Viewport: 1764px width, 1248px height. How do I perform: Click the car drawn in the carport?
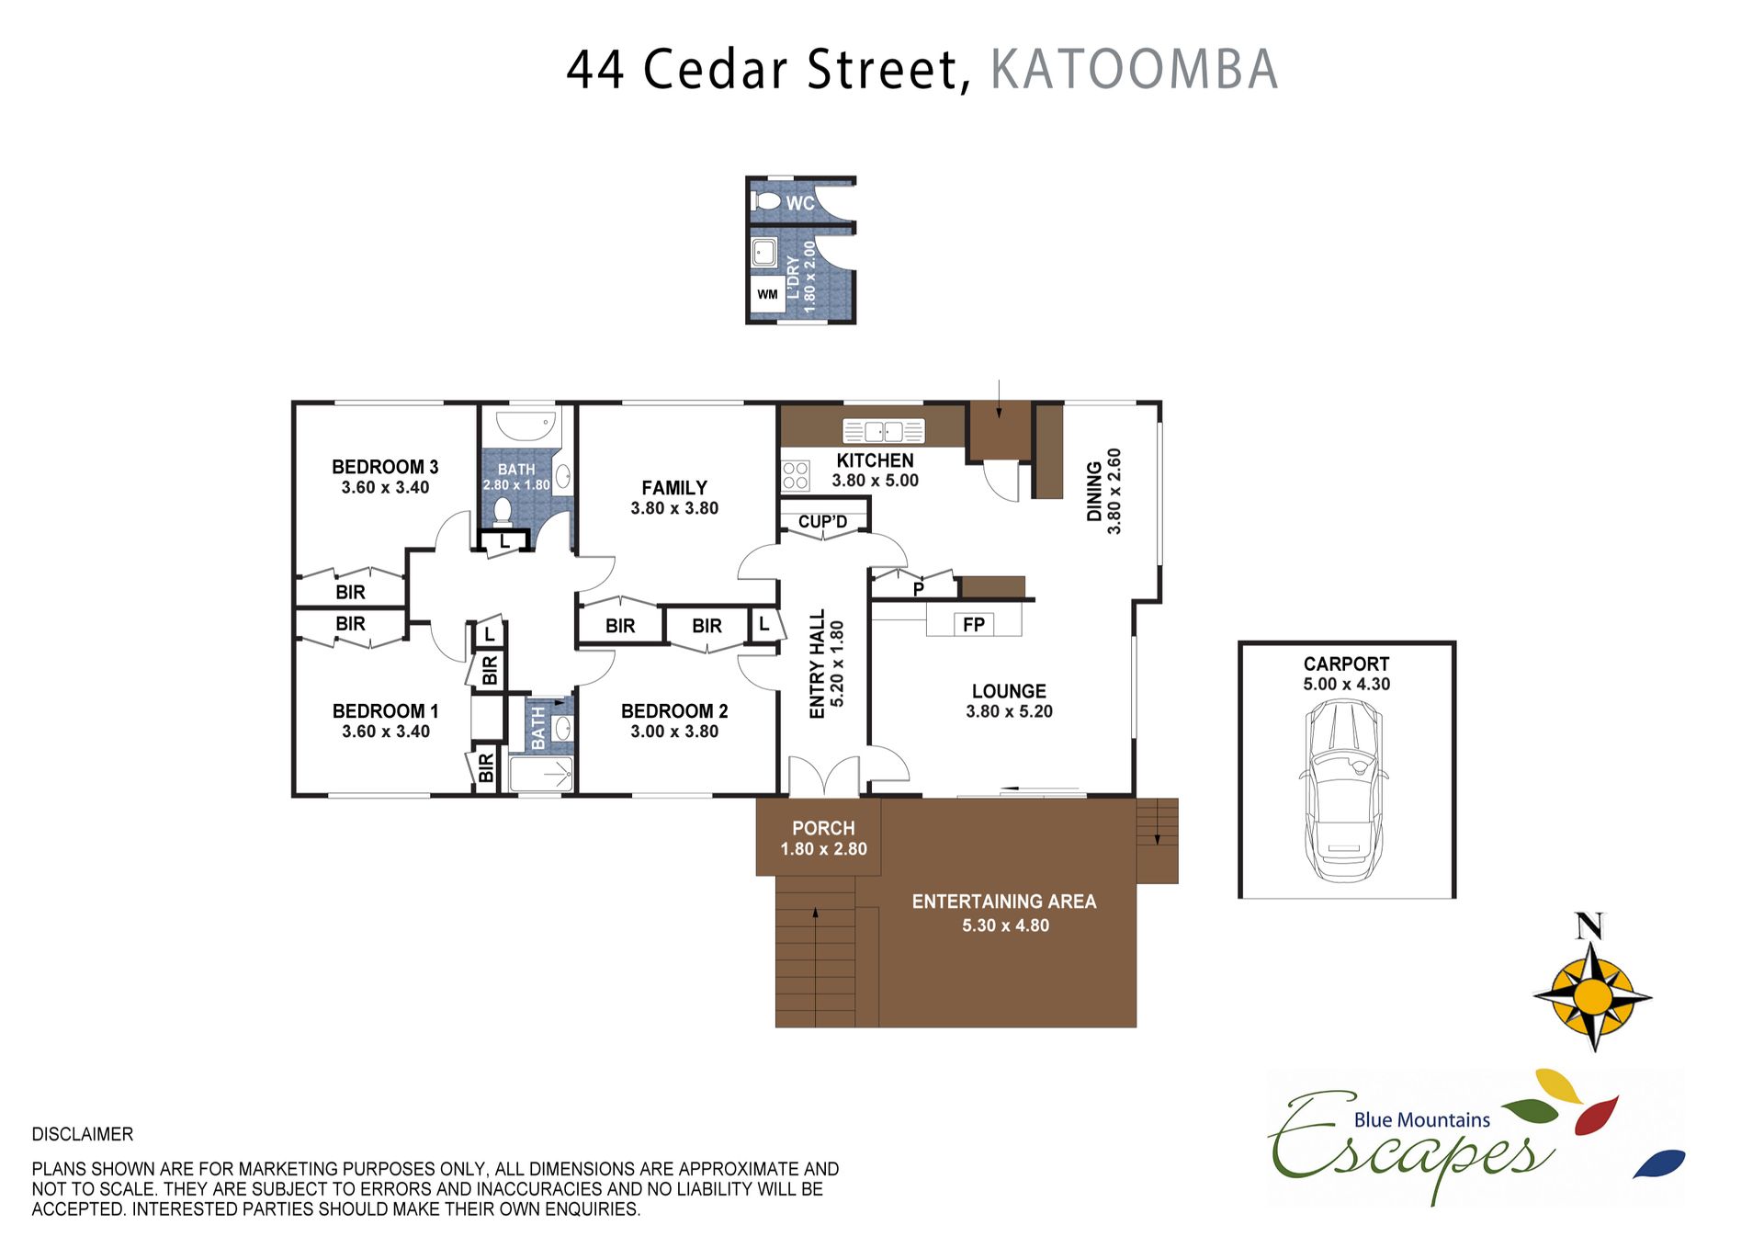[1343, 791]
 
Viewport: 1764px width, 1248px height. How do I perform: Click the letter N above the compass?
[1589, 926]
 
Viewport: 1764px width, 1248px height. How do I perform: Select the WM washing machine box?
[767, 295]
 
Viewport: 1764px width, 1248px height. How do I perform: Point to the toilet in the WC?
[766, 201]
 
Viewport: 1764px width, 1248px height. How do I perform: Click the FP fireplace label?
[974, 625]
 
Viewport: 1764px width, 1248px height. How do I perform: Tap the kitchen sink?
[883, 430]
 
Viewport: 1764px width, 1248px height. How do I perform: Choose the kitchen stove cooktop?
[796, 476]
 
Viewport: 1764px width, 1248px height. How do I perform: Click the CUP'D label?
[822, 522]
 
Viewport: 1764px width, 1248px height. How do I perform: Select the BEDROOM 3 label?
[385, 467]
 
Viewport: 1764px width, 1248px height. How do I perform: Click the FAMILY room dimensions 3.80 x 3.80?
[674, 508]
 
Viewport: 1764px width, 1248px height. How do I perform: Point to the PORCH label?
[823, 828]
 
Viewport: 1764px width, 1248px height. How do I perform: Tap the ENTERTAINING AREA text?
[1004, 902]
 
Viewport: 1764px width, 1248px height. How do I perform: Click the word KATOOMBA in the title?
[1134, 69]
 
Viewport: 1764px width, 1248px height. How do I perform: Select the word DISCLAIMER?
[83, 1134]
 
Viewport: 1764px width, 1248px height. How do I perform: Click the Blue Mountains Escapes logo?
[1476, 1138]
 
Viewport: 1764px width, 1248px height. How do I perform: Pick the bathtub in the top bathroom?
[525, 427]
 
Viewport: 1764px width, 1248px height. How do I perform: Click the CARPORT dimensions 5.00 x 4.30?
[1346, 684]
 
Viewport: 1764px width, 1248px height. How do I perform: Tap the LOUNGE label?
[1009, 691]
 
